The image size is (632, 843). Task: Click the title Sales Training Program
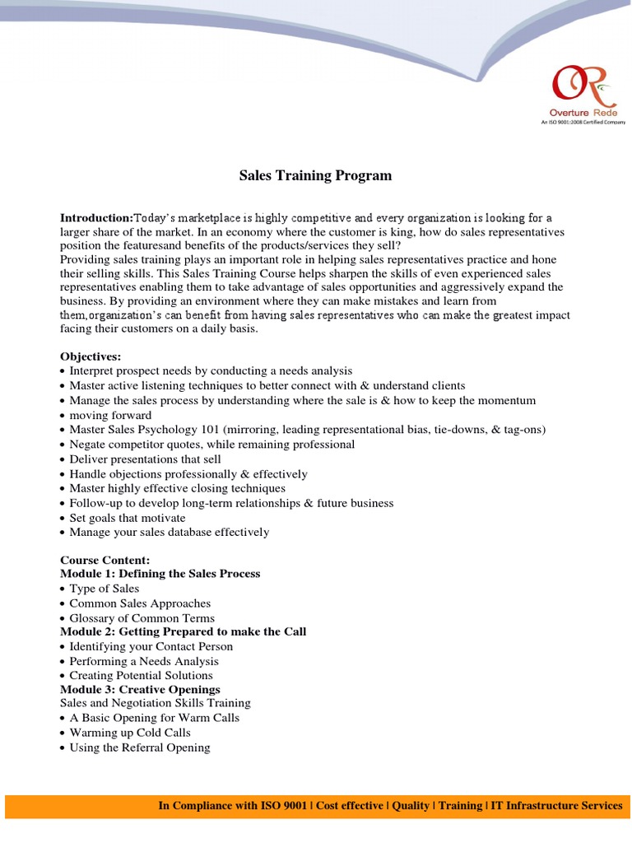[315, 175]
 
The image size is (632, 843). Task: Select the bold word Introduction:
[96, 218]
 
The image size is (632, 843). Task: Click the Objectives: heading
[91, 356]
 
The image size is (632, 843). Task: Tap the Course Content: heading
[105, 560]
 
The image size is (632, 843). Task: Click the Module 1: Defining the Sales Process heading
[160, 574]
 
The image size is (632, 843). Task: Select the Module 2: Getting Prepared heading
[183, 631]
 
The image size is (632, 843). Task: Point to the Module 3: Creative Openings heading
[140, 689]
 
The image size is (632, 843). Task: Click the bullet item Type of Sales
[105, 589]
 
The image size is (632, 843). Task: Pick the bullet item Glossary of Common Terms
[142, 617]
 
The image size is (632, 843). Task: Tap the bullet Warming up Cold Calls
[130, 733]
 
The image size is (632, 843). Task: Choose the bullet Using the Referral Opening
[140, 748]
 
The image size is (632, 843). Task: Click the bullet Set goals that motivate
[128, 518]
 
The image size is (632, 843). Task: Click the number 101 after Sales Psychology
[211, 430]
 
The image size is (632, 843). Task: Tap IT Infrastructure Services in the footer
[556, 806]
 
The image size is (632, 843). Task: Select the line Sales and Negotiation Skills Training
[156, 703]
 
